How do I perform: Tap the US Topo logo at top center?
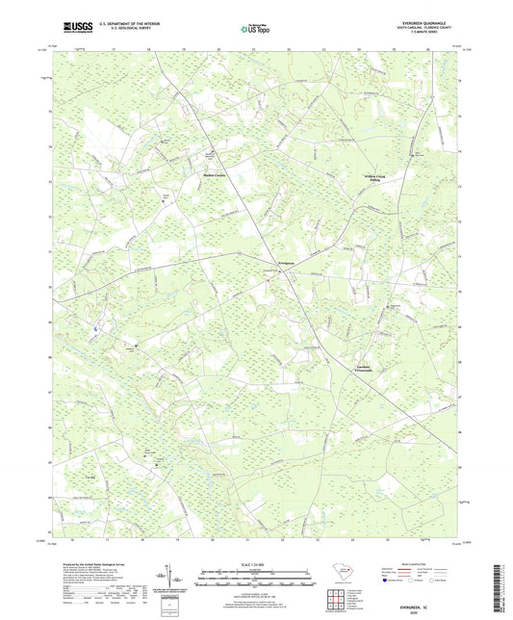click(255, 30)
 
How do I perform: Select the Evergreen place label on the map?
click(275, 262)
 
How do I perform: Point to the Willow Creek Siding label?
click(374, 178)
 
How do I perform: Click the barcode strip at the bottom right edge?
click(504, 578)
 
